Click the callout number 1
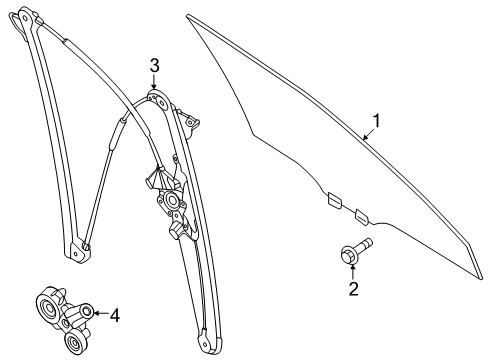click(x=376, y=121)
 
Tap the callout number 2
click(x=353, y=289)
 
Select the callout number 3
click(x=154, y=66)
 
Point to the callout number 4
click(x=115, y=315)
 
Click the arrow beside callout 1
click(x=368, y=135)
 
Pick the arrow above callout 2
click(x=353, y=271)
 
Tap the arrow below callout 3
click(x=154, y=82)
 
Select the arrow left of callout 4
click(x=101, y=313)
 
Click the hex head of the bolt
click(x=349, y=255)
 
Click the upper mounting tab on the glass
click(x=334, y=201)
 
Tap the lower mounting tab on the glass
click(x=362, y=217)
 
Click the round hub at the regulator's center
click(x=173, y=201)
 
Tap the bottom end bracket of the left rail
click(x=77, y=251)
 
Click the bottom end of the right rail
click(x=210, y=343)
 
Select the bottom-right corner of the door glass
click(x=481, y=278)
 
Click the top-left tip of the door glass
click(x=188, y=16)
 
